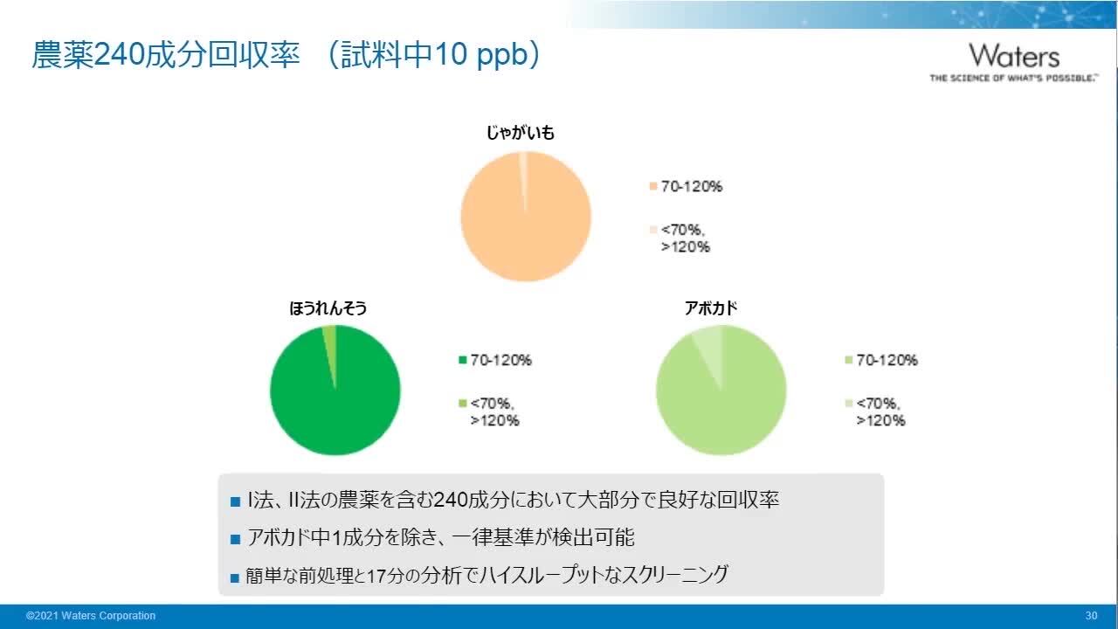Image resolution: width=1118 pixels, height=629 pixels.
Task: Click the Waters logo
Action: tap(1013, 61)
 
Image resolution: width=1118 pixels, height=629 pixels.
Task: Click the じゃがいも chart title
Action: tap(521, 134)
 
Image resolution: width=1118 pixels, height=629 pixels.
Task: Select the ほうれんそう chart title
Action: tap(328, 308)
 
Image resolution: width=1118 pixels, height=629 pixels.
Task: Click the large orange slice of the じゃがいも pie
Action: tap(526, 227)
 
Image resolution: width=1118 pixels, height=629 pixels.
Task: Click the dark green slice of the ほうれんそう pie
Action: tap(335, 402)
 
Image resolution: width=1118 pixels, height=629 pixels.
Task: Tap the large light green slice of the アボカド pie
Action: tap(721, 402)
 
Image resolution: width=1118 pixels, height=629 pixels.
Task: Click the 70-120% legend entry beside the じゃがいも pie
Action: tap(691, 186)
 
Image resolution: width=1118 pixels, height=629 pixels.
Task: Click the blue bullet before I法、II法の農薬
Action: tap(234, 502)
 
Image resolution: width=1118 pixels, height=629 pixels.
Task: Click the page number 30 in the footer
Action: tap(1091, 616)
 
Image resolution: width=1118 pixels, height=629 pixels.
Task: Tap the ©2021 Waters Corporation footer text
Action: tap(91, 616)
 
